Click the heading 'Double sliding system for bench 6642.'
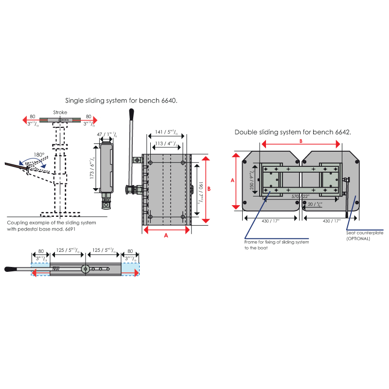(x=293, y=132)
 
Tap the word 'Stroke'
(x=60, y=112)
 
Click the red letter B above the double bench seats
(x=301, y=141)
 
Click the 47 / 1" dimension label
(x=106, y=134)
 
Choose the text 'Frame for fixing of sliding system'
(x=277, y=242)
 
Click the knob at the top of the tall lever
(x=131, y=113)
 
